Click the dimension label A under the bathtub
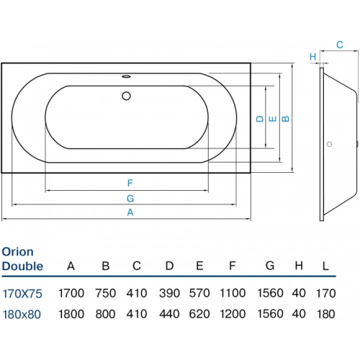pos(130,212)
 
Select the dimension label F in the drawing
pos(130,183)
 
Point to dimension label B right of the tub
pos(285,119)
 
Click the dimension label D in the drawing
pos(258,119)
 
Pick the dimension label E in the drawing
pos(271,119)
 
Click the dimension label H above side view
pos(312,56)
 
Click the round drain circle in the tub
pos(127,95)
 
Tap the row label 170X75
pos(22,293)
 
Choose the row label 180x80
pos(22,314)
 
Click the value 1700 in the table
pos(71,293)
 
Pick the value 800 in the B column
pos(105,314)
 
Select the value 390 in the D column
pos(169,293)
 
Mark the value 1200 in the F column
pos(232,314)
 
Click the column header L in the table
pos(325,266)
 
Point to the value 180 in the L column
pos(325,314)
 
